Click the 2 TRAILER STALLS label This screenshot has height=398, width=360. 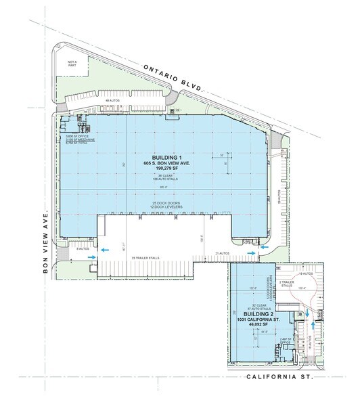[286, 284]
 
